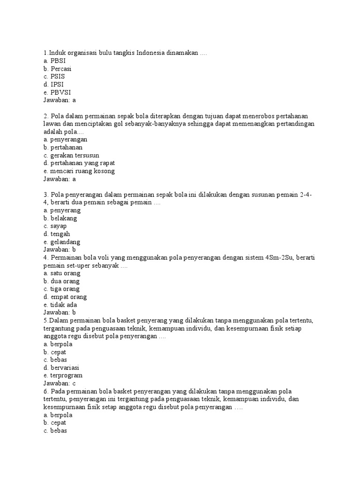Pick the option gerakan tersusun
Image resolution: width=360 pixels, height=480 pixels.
[x=71, y=155]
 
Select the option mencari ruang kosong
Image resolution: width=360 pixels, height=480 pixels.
[x=79, y=171]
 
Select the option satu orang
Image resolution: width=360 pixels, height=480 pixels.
[x=61, y=273]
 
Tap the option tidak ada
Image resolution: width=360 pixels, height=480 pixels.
[x=60, y=305]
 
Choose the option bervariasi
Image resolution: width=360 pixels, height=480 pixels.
[x=63, y=367]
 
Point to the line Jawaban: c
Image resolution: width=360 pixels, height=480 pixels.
[x=60, y=383]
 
